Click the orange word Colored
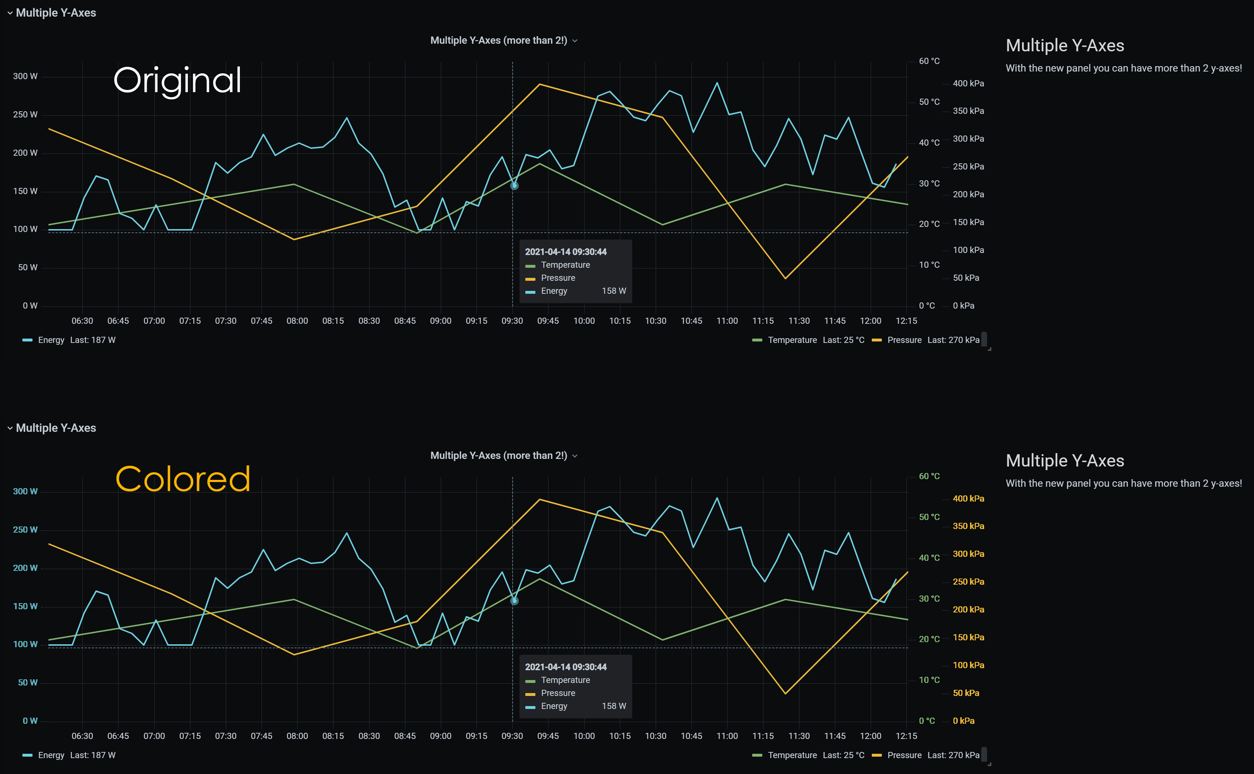point(183,479)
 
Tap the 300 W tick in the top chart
point(25,76)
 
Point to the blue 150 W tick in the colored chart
point(25,606)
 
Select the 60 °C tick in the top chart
point(929,61)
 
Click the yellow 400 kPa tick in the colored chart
point(968,499)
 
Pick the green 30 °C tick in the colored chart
point(929,598)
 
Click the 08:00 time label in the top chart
point(297,321)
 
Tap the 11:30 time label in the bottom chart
point(798,736)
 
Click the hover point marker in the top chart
point(514,186)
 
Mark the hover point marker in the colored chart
point(514,601)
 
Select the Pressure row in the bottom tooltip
point(557,693)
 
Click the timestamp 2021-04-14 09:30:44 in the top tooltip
point(565,252)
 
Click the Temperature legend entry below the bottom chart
point(792,755)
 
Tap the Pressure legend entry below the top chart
point(904,340)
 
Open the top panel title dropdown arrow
point(575,41)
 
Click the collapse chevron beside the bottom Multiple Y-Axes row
point(10,428)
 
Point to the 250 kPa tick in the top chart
point(968,166)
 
